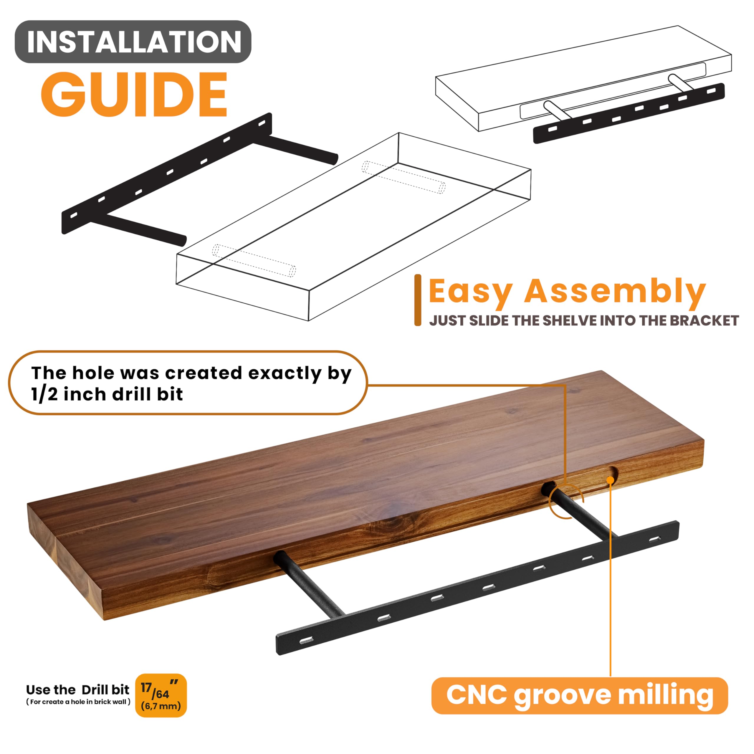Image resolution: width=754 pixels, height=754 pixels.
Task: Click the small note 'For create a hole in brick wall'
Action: [78, 702]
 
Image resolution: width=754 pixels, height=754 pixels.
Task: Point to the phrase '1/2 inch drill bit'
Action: [107, 394]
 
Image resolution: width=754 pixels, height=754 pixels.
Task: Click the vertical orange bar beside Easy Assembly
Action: [418, 300]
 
